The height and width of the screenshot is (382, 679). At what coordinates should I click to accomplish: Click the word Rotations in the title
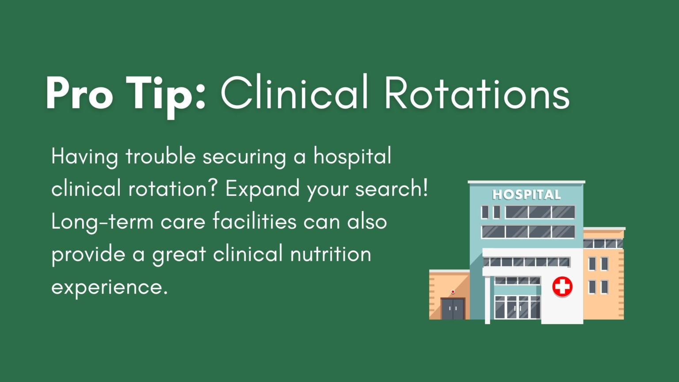click(x=477, y=94)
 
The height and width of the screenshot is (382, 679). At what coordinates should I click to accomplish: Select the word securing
click(x=244, y=157)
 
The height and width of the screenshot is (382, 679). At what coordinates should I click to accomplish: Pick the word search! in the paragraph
click(x=392, y=189)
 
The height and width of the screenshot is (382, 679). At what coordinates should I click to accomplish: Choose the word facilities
click(x=254, y=221)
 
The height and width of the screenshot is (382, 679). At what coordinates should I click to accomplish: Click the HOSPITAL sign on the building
click(x=526, y=195)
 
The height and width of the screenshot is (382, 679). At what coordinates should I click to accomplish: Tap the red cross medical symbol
click(x=562, y=286)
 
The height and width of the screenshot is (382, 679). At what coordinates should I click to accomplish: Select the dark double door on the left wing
click(x=453, y=309)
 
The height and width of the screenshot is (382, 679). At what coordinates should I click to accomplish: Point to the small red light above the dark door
click(x=453, y=292)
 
